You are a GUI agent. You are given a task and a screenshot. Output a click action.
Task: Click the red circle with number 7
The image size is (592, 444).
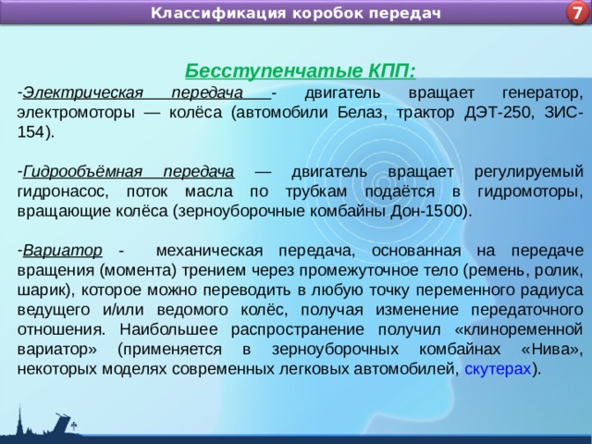pyautogui.click(x=575, y=13)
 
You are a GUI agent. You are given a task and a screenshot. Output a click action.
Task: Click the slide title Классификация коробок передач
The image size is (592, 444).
pyautogui.click(x=296, y=13)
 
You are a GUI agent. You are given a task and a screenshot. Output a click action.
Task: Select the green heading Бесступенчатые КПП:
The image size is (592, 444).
pyautogui.click(x=300, y=71)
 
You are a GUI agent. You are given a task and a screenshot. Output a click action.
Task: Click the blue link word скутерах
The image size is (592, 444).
pyautogui.click(x=498, y=368)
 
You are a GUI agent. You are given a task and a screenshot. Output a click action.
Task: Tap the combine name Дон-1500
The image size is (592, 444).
pyautogui.click(x=435, y=210)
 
